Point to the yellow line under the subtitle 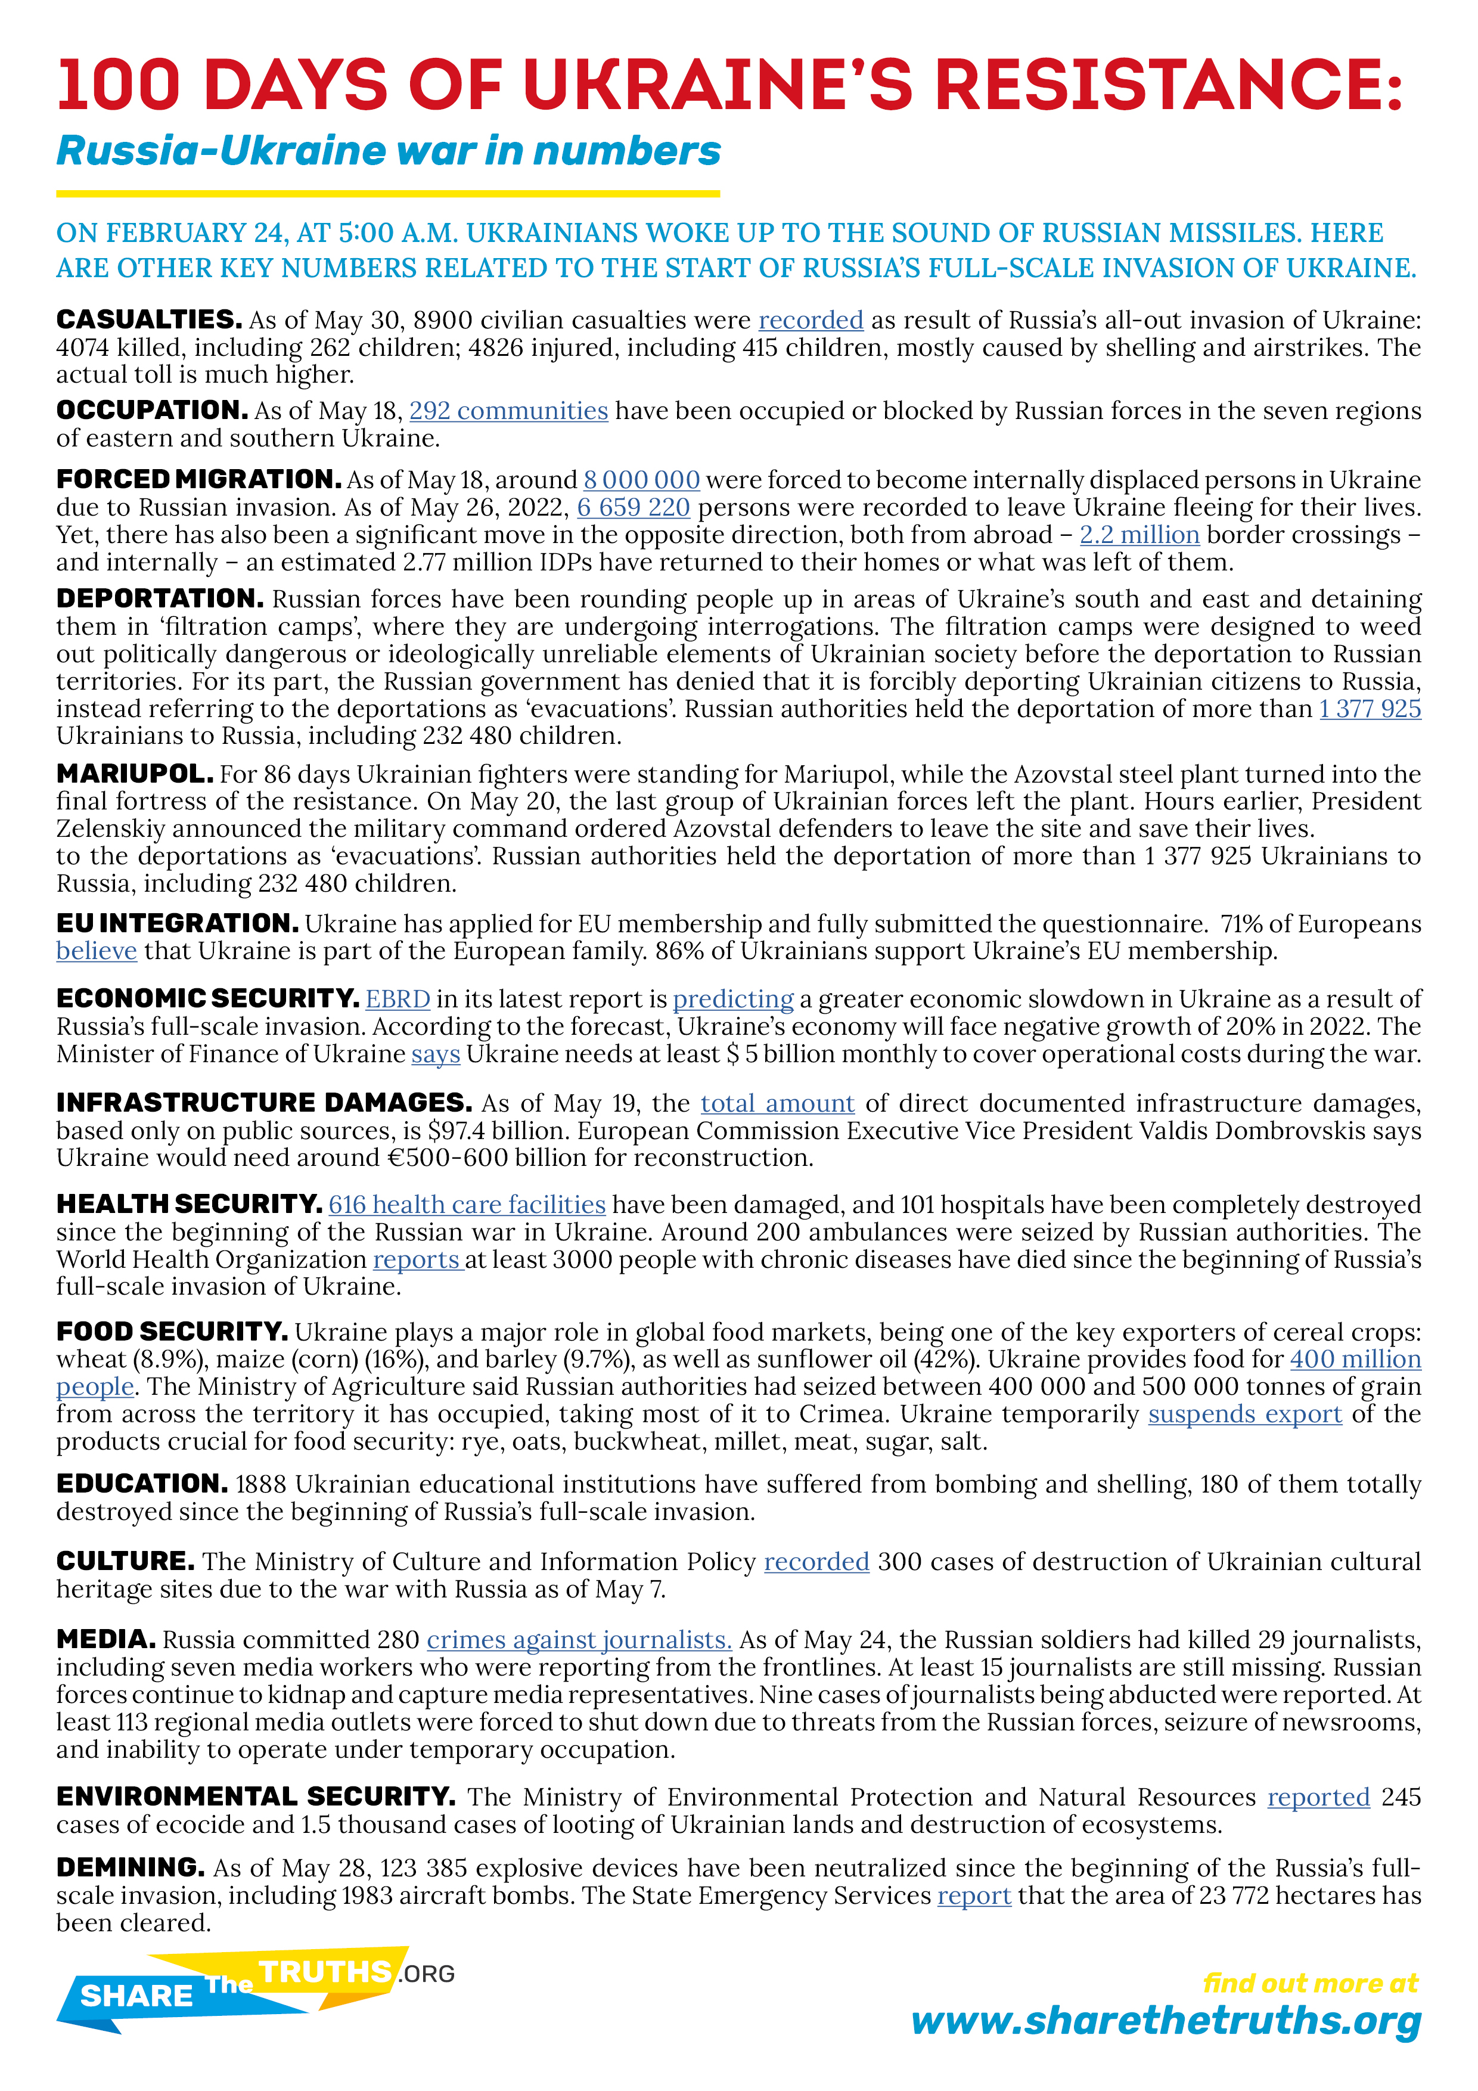[x=388, y=193]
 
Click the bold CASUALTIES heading [x=148, y=319]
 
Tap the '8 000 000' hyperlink [x=641, y=480]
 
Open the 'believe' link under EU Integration [x=97, y=951]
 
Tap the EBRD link [x=398, y=999]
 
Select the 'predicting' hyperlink [x=733, y=999]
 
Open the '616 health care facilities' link [x=466, y=1204]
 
